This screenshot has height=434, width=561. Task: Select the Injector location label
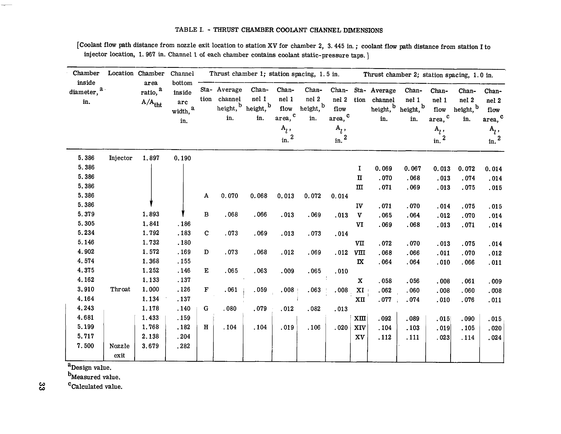point(120,158)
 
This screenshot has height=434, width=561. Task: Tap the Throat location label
point(120,289)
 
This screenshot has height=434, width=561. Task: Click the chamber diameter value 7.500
point(86,346)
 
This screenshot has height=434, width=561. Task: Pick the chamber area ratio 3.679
point(151,346)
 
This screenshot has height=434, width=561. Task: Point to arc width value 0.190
point(182,158)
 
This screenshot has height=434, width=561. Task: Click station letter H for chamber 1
point(206,327)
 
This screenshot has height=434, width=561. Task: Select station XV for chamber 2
point(360,337)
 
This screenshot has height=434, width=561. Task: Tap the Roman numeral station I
point(359,168)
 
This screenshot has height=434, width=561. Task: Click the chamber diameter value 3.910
point(86,289)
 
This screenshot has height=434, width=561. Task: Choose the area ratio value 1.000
point(151,290)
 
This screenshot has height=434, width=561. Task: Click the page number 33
point(42,386)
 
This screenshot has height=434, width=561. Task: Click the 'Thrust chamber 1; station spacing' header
point(274,74)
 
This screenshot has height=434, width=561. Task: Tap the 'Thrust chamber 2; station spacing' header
point(428,75)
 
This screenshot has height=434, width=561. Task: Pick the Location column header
point(120,73)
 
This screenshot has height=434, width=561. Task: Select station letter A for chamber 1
point(206,196)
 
